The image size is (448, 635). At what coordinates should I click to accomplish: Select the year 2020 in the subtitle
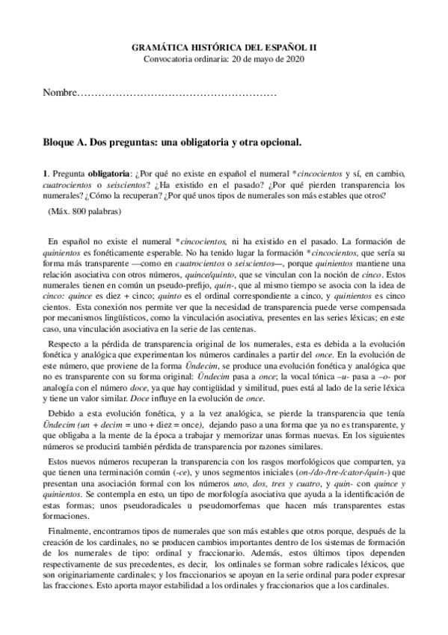pyautogui.click(x=294, y=58)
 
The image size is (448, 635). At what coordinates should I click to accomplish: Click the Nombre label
pyautogui.click(x=60, y=94)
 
